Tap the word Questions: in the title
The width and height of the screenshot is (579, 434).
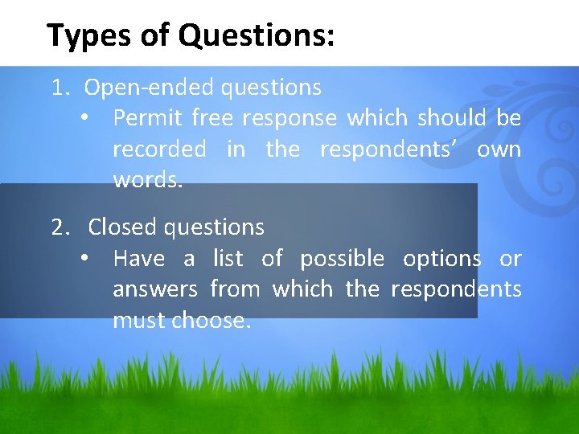pyautogui.click(x=257, y=36)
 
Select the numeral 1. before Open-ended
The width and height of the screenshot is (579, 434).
pyautogui.click(x=60, y=88)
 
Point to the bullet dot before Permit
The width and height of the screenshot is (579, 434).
pyautogui.click(x=84, y=119)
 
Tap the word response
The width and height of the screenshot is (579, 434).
pyautogui.click(x=289, y=119)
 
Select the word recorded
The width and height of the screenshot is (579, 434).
pyautogui.click(x=159, y=149)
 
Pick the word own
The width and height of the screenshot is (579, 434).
pyautogui.click(x=499, y=149)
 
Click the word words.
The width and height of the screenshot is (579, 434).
pyautogui.click(x=148, y=180)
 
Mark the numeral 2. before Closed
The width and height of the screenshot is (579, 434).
pyautogui.click(x=61, y=227)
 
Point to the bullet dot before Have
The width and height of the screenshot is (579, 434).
pyautogui.click(x=84, y=259)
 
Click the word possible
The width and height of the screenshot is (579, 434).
pyautogui.click(x=342, y=259)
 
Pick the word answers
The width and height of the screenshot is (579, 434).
pyautogui.click(x=155, y=289)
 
